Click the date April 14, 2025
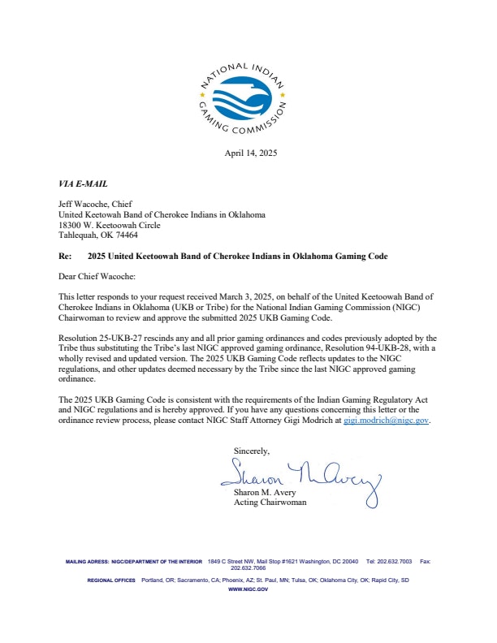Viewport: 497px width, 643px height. coord(249,153)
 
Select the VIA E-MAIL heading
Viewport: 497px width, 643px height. coord(84,184)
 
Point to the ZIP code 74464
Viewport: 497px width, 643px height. coord(124,235)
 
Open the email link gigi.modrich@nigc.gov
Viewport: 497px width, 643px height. coord(386,421)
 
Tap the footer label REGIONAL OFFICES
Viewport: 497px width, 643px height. coord(111,580)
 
